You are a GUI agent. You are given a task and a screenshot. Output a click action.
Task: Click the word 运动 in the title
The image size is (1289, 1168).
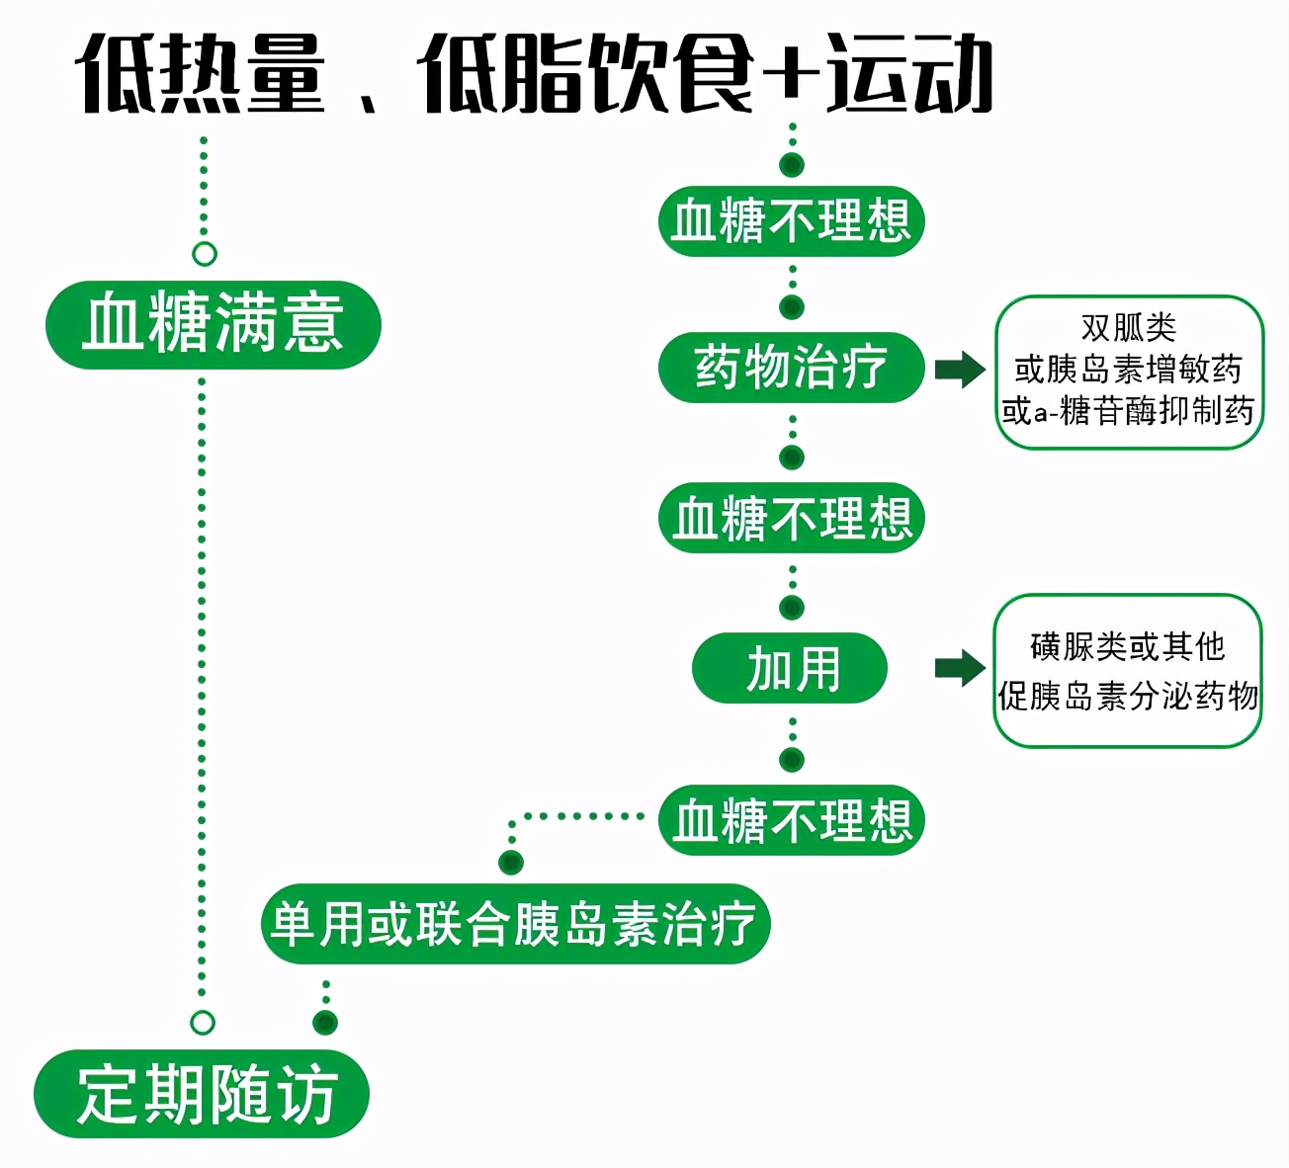click(910, 74)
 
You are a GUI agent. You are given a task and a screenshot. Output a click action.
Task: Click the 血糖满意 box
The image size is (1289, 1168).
click(213, 324)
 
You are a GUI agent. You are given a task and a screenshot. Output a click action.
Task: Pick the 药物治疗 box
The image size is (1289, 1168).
click(791, 368)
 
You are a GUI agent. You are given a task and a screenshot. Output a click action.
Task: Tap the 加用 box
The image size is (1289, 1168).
click(791, 669)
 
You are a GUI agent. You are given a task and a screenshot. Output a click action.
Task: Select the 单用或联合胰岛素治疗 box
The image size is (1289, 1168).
click(514, 925)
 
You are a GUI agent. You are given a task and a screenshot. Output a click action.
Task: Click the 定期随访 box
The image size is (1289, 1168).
click(203, 1095)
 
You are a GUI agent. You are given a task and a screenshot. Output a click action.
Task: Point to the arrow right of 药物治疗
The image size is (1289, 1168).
click(960, 370)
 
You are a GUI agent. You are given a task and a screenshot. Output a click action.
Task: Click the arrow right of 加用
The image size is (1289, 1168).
click(960, 668)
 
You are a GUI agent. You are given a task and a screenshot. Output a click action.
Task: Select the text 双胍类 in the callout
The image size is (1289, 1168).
click(1129, 328)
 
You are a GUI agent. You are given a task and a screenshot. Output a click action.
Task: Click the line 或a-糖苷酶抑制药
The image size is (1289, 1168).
click(1129, 410)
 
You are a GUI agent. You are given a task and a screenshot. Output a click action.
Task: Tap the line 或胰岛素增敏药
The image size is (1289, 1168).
click(1129, 370)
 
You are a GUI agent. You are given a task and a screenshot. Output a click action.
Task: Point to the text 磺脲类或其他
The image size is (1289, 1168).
click(1127, 647)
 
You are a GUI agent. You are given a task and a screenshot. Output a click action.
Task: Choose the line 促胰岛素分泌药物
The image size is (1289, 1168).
click(1127, 697)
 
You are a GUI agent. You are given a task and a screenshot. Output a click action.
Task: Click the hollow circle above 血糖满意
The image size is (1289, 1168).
click(204, 254)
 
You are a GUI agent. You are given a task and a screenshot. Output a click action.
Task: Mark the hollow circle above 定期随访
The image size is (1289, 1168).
click(203, 1022)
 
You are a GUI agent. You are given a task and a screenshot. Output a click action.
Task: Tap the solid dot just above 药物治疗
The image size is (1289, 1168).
click(792, 307)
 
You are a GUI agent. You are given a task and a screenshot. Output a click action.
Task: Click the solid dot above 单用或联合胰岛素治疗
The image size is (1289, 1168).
click(511, 863)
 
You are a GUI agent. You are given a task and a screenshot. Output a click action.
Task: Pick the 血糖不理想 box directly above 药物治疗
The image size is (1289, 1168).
click(791, 220)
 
